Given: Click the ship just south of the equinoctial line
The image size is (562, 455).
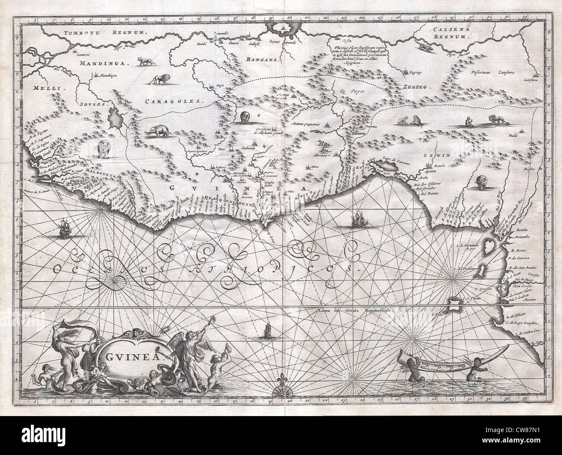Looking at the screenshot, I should coord(268,332).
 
